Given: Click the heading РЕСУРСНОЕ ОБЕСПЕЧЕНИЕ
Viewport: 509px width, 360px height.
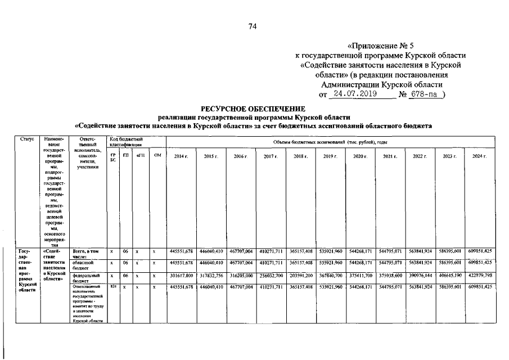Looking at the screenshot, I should pyautogui.click(x=253, y=108).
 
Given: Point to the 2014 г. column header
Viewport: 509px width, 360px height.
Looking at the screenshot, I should pyautogui.click(x=181, y=156).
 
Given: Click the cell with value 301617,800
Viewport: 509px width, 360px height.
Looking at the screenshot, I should pyautogui.click(x=181, y=276).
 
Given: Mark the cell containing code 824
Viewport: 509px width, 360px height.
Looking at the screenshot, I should pyautogui.click(x=113, y=286).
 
